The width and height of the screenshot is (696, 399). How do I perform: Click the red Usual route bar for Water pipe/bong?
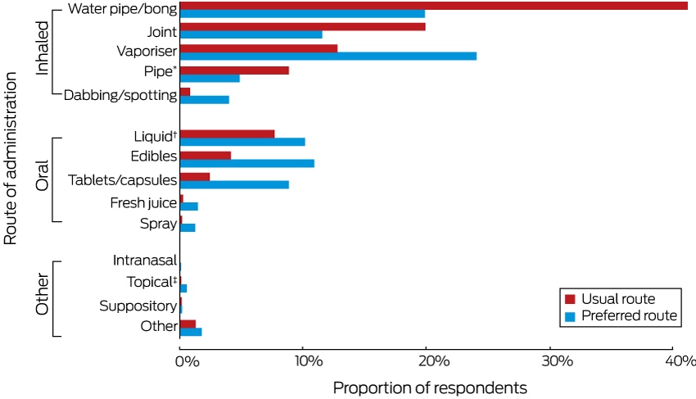pos(434,6)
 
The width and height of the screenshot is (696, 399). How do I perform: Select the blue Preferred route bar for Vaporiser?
pos(328,56)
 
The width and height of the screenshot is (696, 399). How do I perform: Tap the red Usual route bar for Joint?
pos(303,27)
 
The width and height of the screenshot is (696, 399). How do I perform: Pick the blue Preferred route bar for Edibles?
pos(247,164)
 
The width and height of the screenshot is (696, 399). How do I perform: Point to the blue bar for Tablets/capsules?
pos(234,185)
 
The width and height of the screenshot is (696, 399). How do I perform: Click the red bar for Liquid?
pos(228,134)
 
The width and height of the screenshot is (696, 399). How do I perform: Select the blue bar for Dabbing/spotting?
pos(205,99)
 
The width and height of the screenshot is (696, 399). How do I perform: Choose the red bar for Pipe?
pos(234,70)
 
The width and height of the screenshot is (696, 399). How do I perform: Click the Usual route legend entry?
pos(610,299)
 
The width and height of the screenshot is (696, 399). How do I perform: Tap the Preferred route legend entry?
pos(621,316)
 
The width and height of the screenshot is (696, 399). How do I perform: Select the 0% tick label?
pos(187,361)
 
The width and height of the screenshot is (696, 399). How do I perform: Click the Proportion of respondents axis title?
pos(430,388)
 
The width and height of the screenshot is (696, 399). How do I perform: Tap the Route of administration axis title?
pos(10,159)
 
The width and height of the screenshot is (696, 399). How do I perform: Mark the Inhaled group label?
pos(42,48)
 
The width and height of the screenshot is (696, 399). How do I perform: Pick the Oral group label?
pos(42,176)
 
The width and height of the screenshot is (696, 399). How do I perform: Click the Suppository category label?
pos(138,306)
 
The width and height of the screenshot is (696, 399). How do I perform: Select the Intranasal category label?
pos(145,260)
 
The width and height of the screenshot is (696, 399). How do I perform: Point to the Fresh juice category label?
pos(143,202)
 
